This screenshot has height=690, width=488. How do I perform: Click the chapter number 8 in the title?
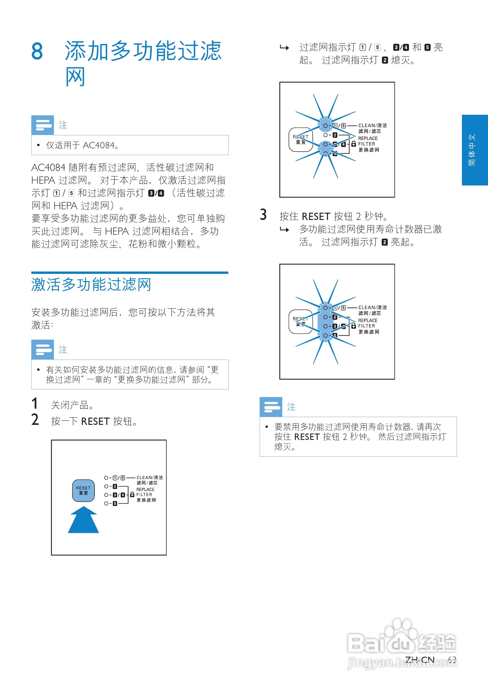tap(37, 51)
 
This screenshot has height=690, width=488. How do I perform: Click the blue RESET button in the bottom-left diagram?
tap(83, 490)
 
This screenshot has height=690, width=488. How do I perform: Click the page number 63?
tap(452, 660)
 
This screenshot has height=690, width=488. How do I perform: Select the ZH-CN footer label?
tap(420, 660)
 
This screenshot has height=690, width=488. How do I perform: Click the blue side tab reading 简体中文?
tap(474, 150)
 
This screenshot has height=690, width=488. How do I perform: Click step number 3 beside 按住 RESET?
tap(263, 215)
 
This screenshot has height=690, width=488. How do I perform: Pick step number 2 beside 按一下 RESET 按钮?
tap(35, 420)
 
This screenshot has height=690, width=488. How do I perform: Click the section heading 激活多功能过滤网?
tap(91, 285)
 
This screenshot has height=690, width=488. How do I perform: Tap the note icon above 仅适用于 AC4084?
tap(43, 125)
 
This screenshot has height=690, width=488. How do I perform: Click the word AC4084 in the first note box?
tap(99, 145)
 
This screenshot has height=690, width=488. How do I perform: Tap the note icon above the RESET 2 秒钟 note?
tap(271, 407)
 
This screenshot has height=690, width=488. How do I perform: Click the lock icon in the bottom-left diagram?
tap(132, 495)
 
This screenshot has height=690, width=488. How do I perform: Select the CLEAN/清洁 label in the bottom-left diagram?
tap(149, 478)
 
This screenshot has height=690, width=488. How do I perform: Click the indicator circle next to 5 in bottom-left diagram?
tap(106, 503)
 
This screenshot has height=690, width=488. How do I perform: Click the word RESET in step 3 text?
tap(316, 216)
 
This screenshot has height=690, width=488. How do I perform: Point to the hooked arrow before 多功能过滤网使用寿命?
tap(284, 230)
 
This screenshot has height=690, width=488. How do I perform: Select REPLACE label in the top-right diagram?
tap(368, 138)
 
